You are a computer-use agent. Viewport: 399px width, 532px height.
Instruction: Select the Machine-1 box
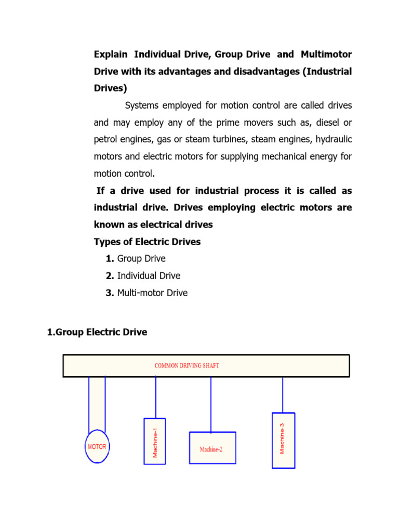tap(154, 441)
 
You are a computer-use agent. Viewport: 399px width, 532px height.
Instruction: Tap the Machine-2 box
tap(212, 448)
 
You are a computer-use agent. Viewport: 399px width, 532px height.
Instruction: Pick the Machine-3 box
tap(283, 441)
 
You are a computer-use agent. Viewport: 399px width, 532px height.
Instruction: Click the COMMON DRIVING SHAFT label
tap(187, 366)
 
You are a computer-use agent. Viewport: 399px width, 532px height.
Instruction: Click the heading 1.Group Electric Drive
tap(97, 332)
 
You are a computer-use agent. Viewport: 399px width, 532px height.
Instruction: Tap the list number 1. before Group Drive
tap(110, 259)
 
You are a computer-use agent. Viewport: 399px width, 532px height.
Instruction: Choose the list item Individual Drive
tap(149, 276)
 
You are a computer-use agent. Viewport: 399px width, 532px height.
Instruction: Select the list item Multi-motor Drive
tap(152, 293)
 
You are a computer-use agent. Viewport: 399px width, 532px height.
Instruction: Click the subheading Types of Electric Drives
tap(147, 242)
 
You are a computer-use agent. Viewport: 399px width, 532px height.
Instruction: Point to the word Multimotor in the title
tap(326, 55)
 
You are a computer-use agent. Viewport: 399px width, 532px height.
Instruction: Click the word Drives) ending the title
tap(110, 88)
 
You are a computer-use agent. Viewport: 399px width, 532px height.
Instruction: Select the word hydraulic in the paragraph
tap(332, 139)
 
